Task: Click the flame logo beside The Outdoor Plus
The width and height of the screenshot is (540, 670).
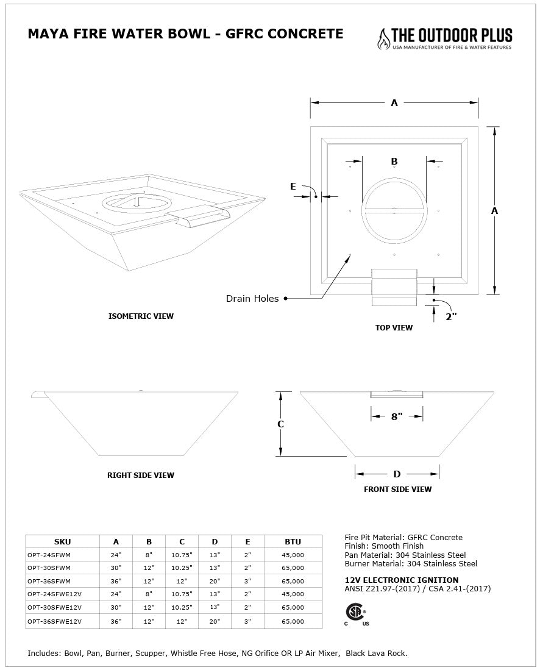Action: pos(383,39)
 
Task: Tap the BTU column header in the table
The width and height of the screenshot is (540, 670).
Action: pos(293,541)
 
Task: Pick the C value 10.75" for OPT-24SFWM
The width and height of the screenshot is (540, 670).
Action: pos(182,555)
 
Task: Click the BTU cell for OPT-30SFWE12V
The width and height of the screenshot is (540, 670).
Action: pos(293,607)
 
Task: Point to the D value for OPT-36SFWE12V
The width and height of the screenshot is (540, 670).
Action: pos(215,621)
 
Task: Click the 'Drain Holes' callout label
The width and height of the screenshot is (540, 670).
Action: pos(252,299)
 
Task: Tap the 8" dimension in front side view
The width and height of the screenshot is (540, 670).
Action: pos(397,417)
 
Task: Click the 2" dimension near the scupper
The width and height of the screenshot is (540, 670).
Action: pos(451,316)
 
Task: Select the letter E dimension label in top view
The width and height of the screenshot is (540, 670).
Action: pos(293,187)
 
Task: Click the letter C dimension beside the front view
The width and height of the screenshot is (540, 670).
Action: pos(280,424)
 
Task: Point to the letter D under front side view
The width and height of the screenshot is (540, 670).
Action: pos(397,474)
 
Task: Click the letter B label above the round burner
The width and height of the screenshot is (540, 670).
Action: pos(394,162)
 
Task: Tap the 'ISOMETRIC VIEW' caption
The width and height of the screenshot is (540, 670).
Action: pos(141,316)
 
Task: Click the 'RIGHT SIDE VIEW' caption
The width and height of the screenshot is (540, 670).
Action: pos(141,476)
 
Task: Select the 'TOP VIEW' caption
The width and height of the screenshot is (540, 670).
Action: pos(394,328)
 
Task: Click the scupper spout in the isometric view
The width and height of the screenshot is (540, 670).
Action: pos(201,217)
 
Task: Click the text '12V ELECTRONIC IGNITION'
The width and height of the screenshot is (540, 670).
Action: pos(402,580)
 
